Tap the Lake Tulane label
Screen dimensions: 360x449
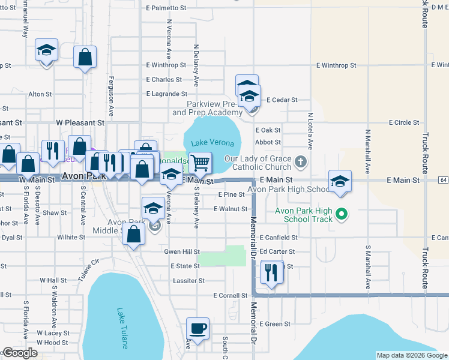pyautogui.click(x=122, y=328)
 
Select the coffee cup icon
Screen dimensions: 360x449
pyautogui.click(x=197, y=329)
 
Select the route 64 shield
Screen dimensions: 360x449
pyautogui.click(x=443, y=179)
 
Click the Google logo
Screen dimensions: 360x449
pyautogui.click(x=19, y=353)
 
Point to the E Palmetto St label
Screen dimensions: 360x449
pyautogui.click(x=167, y=8)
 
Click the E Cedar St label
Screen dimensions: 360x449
pyautogui.click(x=282, y=100)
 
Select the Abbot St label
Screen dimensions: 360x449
pyautogui.click(x=268, y=142)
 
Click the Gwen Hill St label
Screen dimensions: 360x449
pyautogui.click(x=182, y=252)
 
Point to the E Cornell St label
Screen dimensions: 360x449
pyautogui.click(x=231, y=295)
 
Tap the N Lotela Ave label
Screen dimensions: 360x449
pyautogui.click(x=310, y=130)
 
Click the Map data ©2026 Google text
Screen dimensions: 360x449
pyautogui.click(x=411, y=355)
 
